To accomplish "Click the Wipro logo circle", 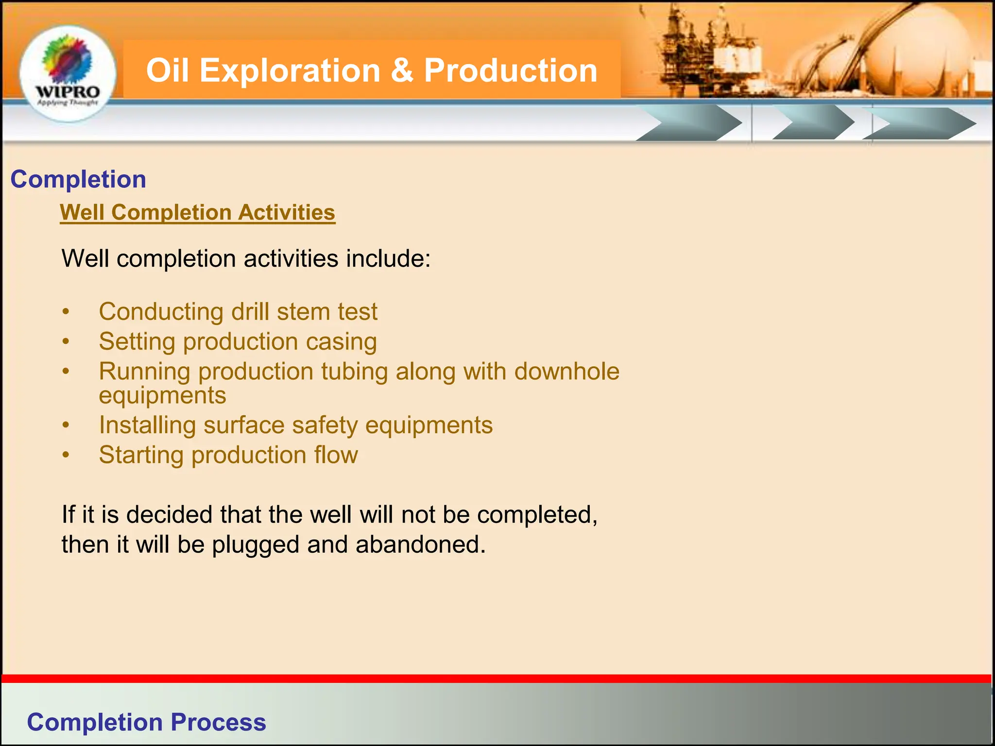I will click(68, 73).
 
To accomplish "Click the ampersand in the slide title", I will click(402, 70).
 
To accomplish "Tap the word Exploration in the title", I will click(290, 70).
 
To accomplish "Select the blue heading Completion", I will click(78, 179).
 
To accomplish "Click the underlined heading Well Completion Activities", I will click(197, 212).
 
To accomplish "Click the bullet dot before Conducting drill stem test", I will click(66, 312).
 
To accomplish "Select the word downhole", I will click(566, 372).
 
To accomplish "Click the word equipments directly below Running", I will click(162, 395).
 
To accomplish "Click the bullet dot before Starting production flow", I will click(66, 456).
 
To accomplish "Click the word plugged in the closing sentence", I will click(256, 544).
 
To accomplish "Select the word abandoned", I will click(420, 544).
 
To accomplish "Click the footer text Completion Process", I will click(146, 722).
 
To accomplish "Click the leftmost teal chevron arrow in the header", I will click(690, 123).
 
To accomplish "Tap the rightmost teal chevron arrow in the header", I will click(921, 123).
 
